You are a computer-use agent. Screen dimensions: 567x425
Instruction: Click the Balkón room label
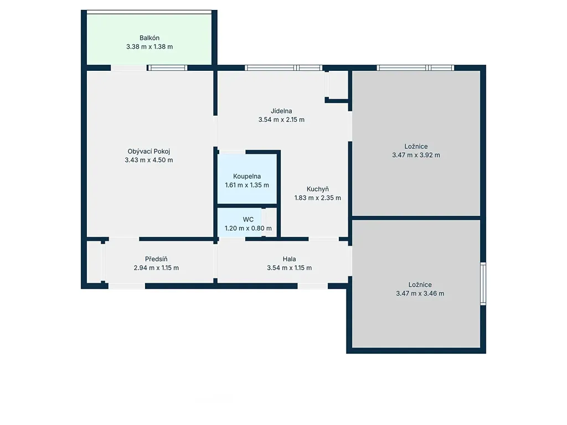(x=150, y=38)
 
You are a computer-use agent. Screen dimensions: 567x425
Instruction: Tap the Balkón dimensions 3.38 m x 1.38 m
(x=150, y=46)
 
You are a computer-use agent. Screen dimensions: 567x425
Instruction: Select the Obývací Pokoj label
(x=148, y=152)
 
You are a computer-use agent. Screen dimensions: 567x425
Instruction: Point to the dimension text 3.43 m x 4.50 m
(x=148, y=160)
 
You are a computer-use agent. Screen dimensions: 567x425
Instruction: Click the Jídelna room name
(x=281, y=111)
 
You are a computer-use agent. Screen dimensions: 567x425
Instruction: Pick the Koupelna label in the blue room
(x=247, y=177)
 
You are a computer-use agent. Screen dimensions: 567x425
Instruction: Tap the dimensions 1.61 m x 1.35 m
(x=247, y=185)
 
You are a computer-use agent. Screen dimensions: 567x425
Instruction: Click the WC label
(x=248, y=219)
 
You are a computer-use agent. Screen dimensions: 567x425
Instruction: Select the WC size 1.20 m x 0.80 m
(x=248, y=229)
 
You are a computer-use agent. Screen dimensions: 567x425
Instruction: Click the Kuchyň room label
(x=317, y=189)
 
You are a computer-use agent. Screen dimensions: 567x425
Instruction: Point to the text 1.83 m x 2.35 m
(x=317, y=198)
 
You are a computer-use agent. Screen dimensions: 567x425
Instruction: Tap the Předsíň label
(x=156, y=259)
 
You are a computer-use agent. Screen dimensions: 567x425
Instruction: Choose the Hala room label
(x=289, y=259)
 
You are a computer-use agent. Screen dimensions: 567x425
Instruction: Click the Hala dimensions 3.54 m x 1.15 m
(x=289, y=268)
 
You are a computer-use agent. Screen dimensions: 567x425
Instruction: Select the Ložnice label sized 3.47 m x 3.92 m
(x=416, y=146)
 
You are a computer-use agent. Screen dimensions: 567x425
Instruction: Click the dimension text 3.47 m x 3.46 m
(x=420, y=293)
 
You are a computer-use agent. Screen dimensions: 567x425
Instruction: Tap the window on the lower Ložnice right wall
(x=483, y=284)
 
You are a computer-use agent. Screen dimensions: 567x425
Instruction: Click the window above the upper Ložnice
(x=415, y=68)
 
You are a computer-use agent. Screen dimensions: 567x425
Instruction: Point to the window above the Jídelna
(x=283, y=68)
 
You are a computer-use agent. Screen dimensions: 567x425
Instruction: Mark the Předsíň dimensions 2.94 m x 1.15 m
(x=156, y=268)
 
